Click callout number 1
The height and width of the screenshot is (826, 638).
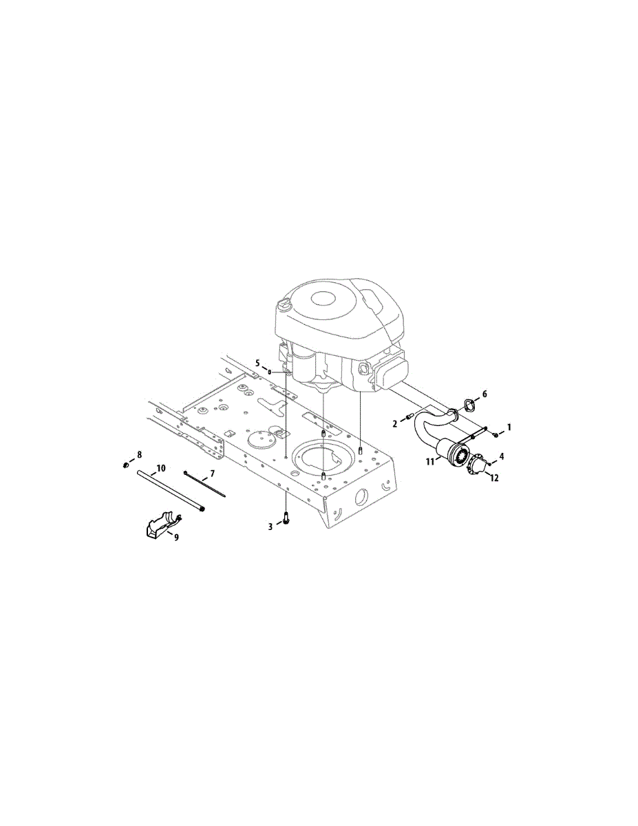(x=509, y=427)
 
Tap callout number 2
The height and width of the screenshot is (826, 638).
(x=395, y=424)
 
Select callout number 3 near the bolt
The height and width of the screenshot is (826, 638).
(x=270, y=527)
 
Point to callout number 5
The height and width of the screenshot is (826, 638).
(x=257, y=363)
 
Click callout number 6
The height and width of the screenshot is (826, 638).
(x=484, y=394)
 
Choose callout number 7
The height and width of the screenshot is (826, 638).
(x=212, y=474)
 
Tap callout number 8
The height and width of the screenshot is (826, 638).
(x=139, y=454)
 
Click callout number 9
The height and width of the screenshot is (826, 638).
(x=176, y=538)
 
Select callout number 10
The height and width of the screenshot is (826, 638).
(x=161, y=468)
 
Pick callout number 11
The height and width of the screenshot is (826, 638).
(x=429, y=462)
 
